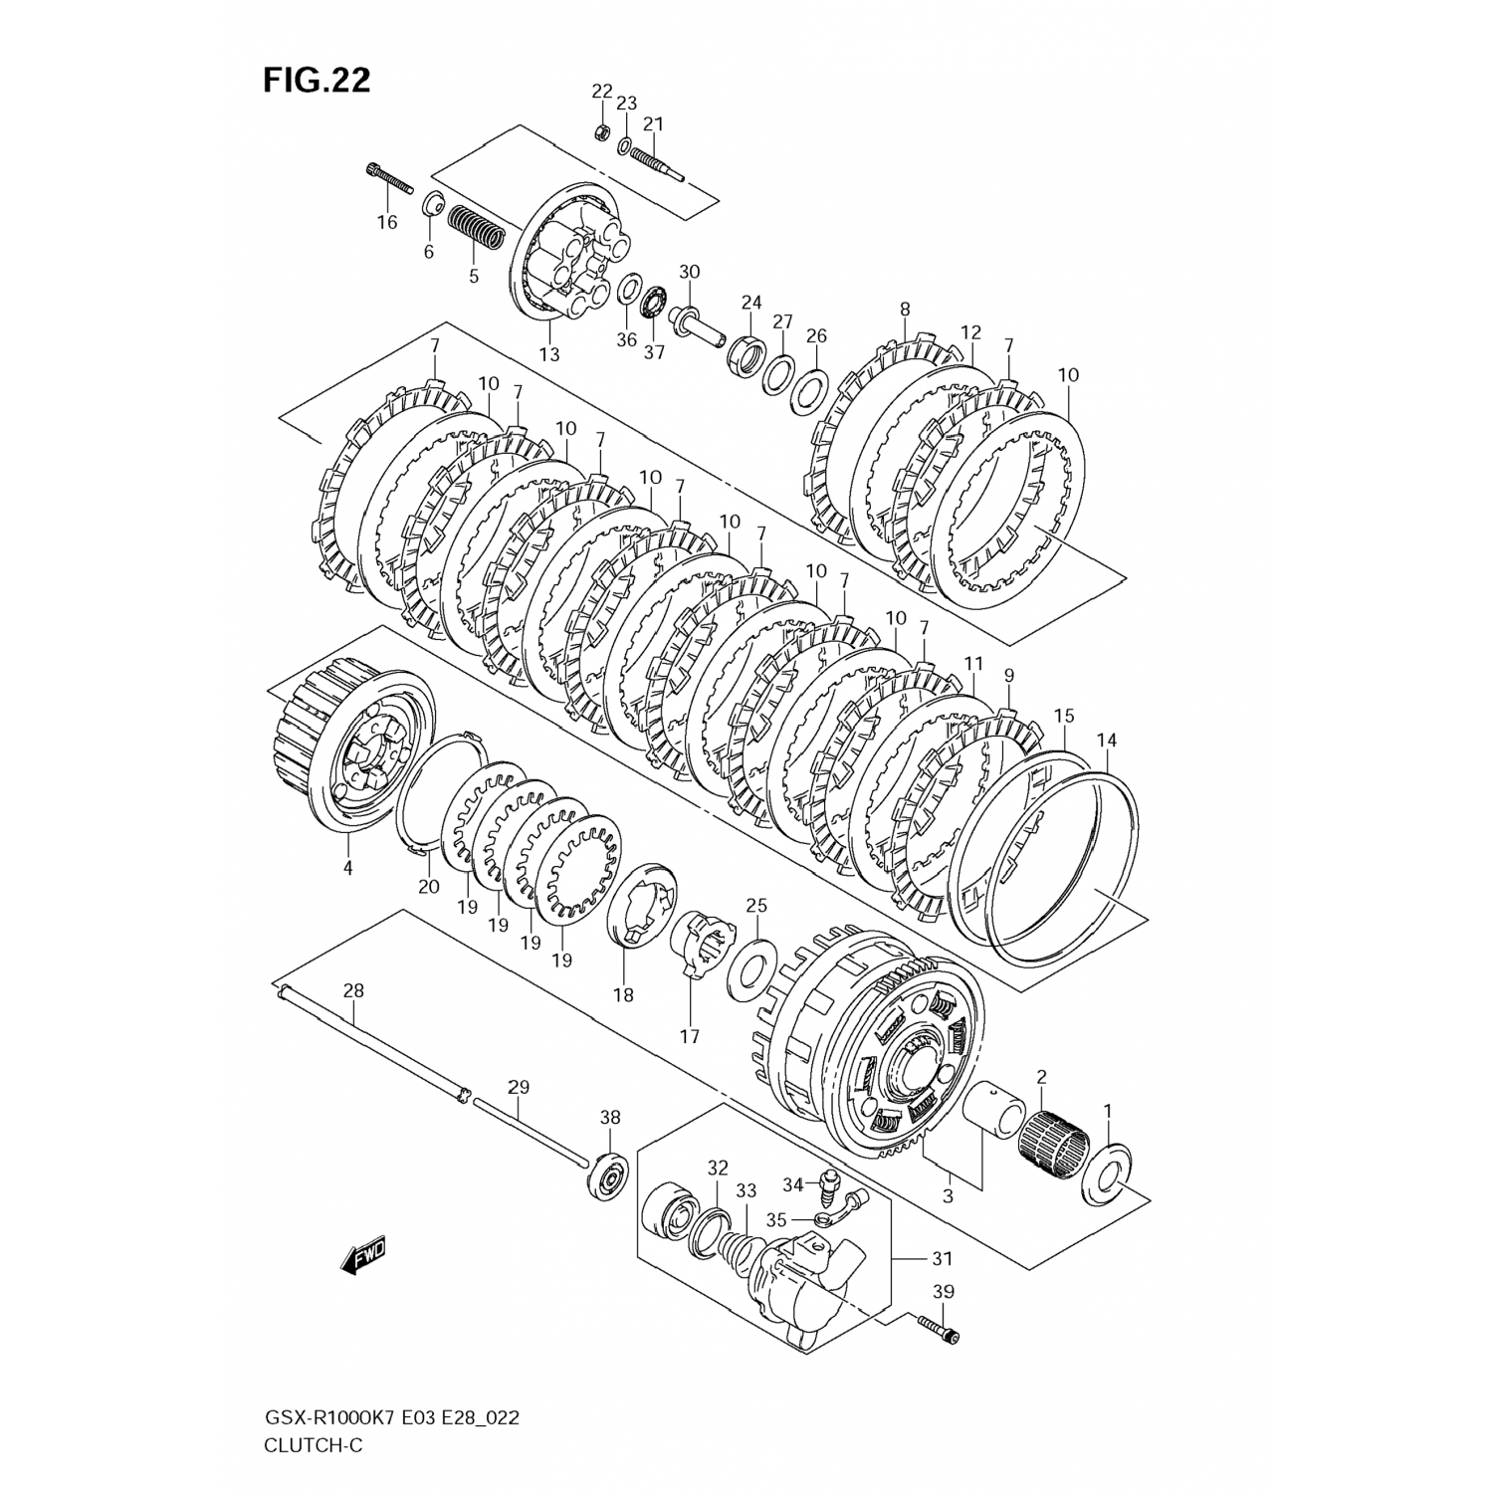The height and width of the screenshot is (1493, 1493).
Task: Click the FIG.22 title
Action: pos(317,81)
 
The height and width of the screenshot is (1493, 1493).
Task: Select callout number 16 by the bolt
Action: pos(386,222)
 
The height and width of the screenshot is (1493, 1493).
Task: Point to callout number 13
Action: pos(549,353)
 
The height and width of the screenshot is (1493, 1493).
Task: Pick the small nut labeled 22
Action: pos(601,131)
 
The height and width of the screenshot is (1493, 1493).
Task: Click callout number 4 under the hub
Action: pos(348,867)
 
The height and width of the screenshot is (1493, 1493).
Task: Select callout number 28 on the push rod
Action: pos(353,990)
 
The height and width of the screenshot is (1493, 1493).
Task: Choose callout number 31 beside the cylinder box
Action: pos(942,1258)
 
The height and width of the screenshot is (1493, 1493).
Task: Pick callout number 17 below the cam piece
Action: pos(689,1036)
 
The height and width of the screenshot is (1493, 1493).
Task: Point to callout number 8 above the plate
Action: pos(904,310)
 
